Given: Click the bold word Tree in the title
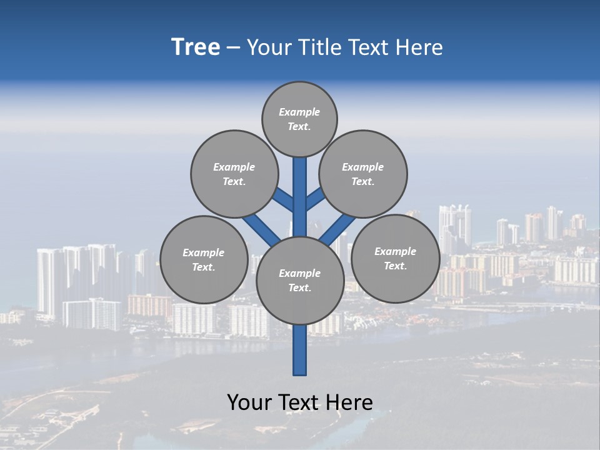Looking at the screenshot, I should coord(196,47).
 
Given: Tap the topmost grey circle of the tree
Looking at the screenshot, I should coord(299,119).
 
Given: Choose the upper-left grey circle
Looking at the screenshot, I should coord(234,174).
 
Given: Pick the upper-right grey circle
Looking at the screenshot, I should coord(363,174).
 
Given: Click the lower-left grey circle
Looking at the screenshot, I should coord(204,259).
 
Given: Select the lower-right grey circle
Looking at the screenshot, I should coord(395,258).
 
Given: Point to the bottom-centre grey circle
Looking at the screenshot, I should coord(300,280).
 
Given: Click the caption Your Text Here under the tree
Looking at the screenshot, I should coord(300,402).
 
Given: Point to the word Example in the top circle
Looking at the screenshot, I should coord(299,112).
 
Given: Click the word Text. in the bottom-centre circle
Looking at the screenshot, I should coord(299,287).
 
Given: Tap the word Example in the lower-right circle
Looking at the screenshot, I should coord(395,251).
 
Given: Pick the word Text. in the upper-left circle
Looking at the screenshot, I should coord(234,181).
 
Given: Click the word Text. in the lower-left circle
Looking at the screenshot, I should coord(203,267).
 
